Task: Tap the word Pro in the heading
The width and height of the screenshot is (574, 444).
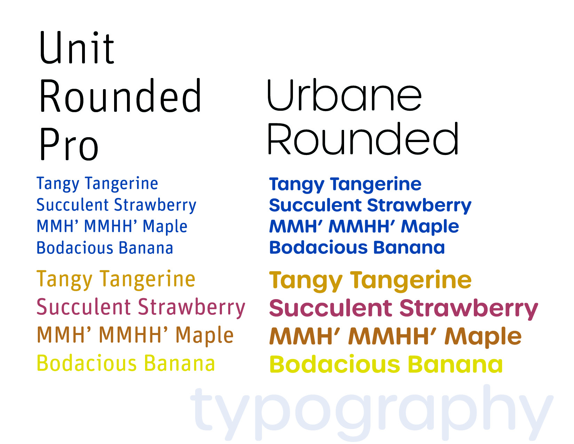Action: [69, 144]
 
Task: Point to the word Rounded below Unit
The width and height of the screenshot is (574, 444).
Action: [120, 96]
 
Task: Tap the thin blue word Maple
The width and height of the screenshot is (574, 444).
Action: [165, 227]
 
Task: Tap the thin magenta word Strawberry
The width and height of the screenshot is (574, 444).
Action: [192, 308]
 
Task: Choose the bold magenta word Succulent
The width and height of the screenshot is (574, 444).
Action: [331, 308]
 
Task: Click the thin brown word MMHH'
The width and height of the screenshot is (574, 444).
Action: [134, 335]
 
